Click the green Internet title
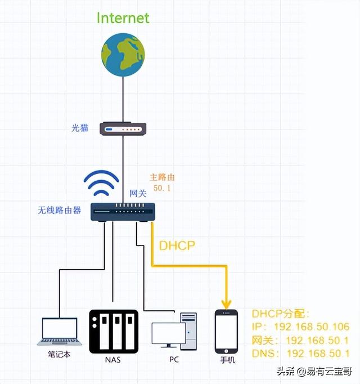[123, 17]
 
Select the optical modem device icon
[123, 129]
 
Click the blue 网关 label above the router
[138, 193]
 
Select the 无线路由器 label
[59, 210]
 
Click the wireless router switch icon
[123, 211]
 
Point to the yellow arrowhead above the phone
[226, 303]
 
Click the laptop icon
[60, 332]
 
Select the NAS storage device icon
[113, 331]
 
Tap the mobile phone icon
[227, 332]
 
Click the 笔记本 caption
[59, 355]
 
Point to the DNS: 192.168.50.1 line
[300, 353]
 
